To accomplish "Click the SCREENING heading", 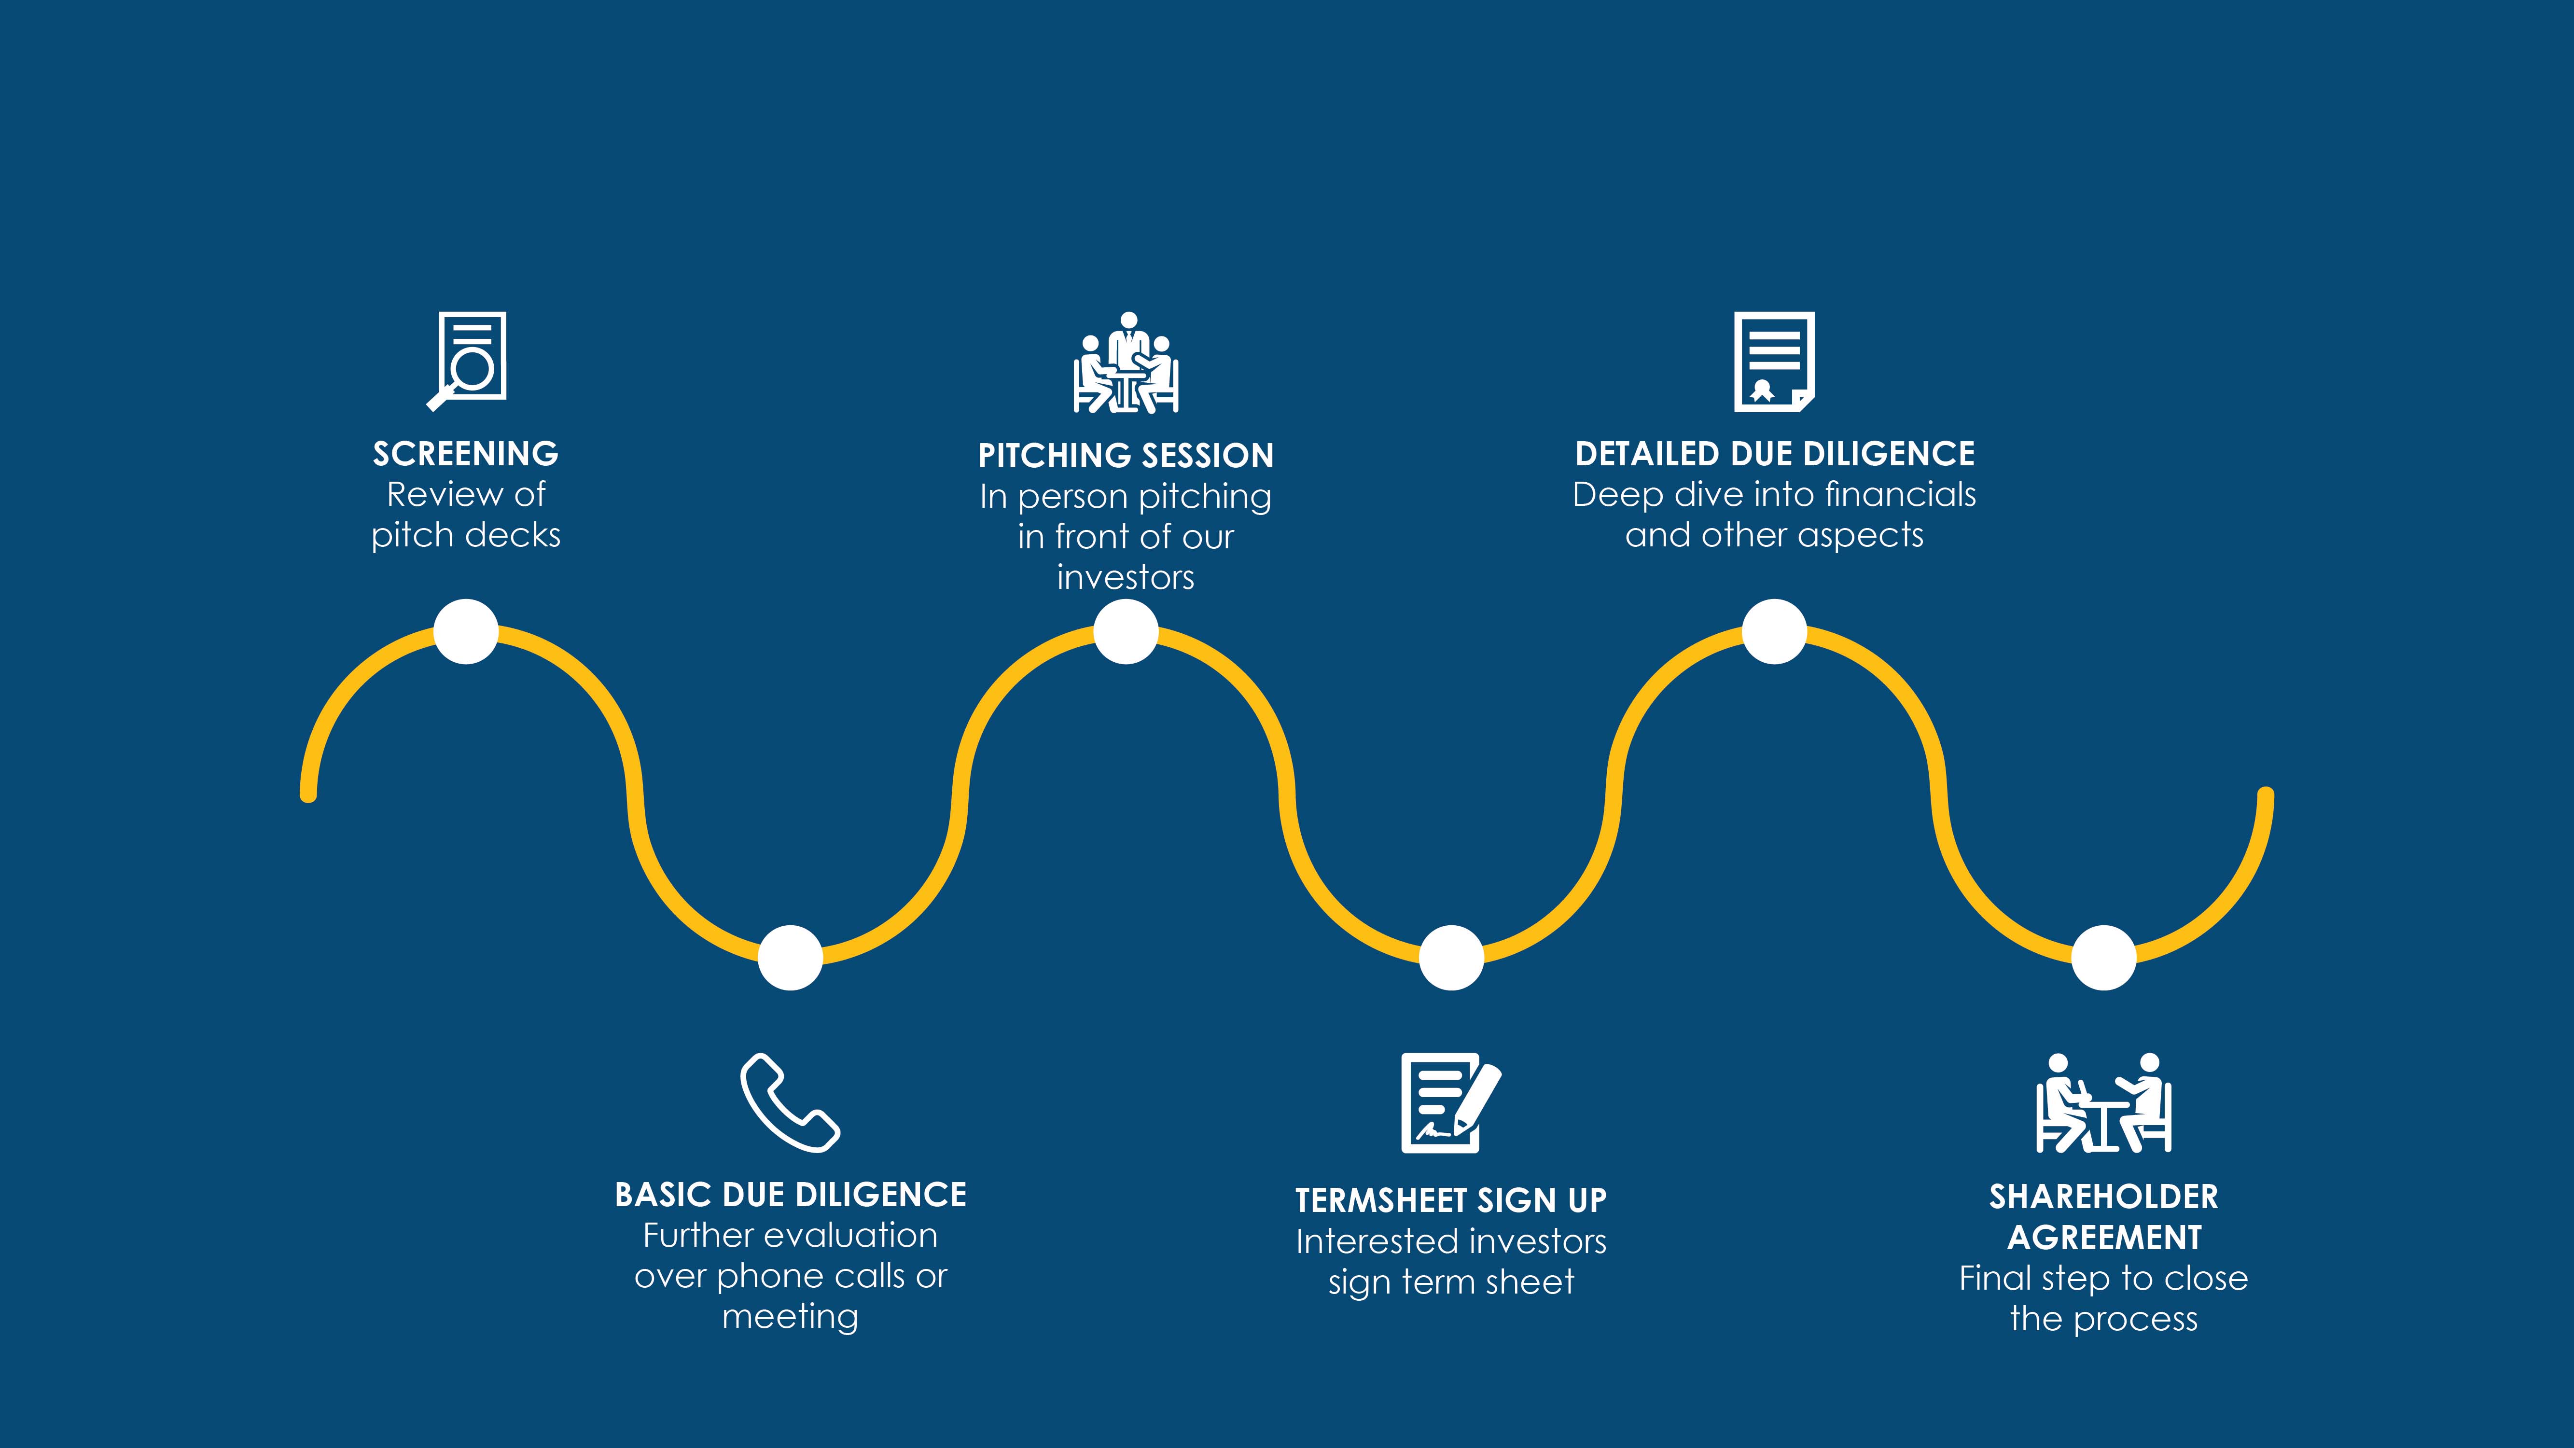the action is coord(466,454).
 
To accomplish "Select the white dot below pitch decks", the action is coord(466,631).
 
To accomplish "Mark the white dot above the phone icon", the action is coord(791,957).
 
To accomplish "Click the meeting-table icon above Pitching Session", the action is coord(1126,362).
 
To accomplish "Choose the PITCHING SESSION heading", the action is coord(1126,456).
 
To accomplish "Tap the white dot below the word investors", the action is coord(1126,631).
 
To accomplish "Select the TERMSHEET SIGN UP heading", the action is coord(1451,1200).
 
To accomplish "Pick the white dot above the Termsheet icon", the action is coord(1451,957).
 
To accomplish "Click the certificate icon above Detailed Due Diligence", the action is coord(1775,362).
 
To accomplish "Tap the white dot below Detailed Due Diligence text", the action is coord(1775,631).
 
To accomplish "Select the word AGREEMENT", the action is coord(2104,1237).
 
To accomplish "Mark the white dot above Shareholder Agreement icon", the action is coord(2104,957).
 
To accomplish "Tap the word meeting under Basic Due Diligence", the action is coord(791,1317).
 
